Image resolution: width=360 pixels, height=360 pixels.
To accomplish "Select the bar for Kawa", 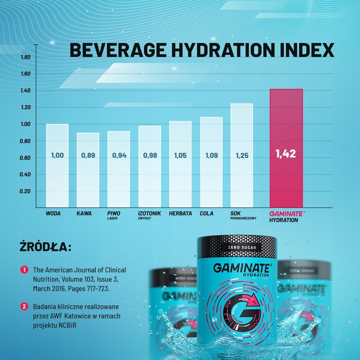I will pyautogui.click(x=87, y=170).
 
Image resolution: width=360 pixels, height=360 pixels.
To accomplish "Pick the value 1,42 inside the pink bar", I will pyautogui.click(x=286, y=154).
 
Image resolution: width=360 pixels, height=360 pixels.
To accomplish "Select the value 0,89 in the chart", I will pyautogui.click(x=87, y=155).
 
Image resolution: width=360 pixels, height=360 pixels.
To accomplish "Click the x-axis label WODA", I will pyautogui.click(x=53, y=213).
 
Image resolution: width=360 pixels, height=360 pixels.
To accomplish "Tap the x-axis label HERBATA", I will pyautogui.click(x=180, y=213).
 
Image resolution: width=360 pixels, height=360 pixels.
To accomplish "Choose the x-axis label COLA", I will pyautogui.click(x=206, y=213).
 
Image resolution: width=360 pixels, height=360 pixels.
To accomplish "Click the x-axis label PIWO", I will pyautogui.click(x=113, y=213).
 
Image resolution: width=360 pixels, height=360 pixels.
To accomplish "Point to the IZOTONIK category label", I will pyautogui.click(x=149, y=213).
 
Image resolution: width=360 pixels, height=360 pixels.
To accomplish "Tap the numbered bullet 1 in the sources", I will pyautogui.click(x=23, y=269).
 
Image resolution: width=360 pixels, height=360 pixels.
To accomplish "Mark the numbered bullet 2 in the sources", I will pyautogui.click(x=23, y=306).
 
